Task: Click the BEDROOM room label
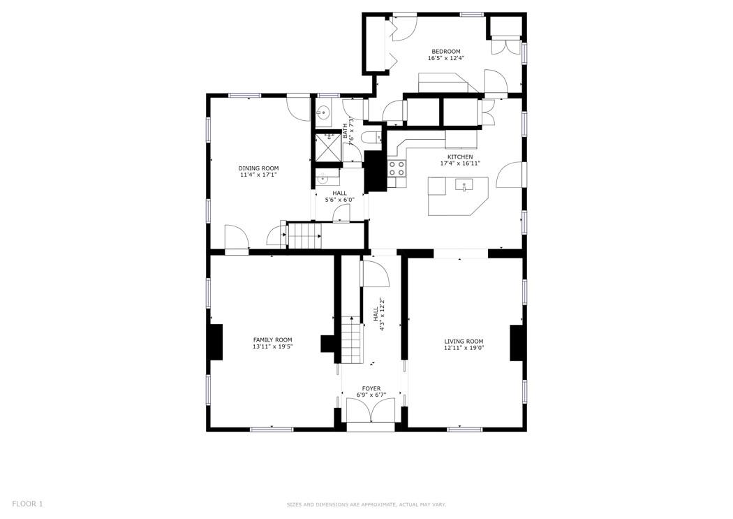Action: pos(445,51)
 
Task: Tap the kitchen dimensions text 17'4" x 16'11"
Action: pos(459,163)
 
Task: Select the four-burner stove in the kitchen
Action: pos(397,168)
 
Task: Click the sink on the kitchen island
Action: pos(464,185)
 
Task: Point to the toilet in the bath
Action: pos(371,138)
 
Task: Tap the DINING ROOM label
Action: pos(258,168)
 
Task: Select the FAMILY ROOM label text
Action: pos(272,339)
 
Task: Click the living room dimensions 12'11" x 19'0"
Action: pos(464,348)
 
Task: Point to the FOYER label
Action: pos(371,388)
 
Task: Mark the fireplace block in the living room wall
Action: pos(517,342)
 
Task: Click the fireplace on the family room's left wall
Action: pos(216,342)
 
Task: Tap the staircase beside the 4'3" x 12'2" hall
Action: pos(353,342)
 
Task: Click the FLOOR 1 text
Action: pos(27,504)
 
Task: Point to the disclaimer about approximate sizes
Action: pos(366,504)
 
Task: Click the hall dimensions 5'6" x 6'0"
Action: pos(339,200)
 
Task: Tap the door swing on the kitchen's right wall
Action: pos(509,175)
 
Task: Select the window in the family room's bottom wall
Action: pos(272,429)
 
